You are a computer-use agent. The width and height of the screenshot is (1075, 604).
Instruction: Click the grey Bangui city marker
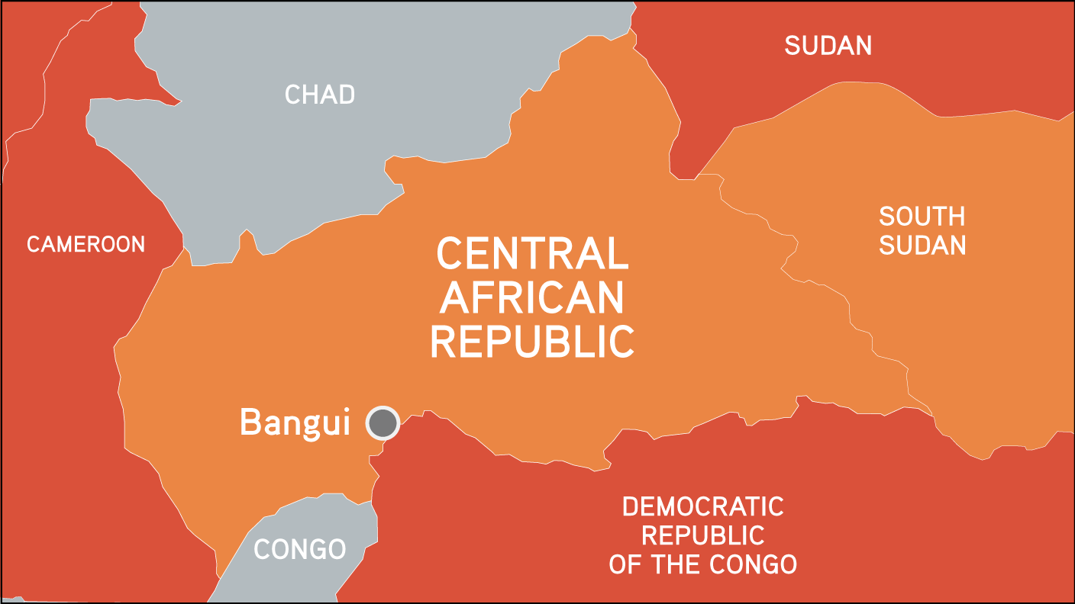click(x=383, y=422)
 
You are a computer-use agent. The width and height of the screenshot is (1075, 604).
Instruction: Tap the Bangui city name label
click(x=295, y=422)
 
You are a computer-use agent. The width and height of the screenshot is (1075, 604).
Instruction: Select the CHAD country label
click(x=320, y=95)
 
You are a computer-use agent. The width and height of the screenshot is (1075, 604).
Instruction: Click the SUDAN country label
click(x=828, y=46)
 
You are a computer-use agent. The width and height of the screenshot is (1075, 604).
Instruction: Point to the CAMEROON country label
click(x=86, y=244)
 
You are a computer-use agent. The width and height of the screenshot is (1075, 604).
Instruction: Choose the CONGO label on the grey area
click(x=299, y=549)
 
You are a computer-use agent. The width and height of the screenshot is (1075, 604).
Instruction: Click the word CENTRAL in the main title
click(x=532, y=254)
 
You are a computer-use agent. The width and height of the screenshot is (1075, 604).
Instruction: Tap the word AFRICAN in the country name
click(x=532, y=298)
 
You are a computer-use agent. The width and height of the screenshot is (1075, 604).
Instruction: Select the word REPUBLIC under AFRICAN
click(x=532, y=342)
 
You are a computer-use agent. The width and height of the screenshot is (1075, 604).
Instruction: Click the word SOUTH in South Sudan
click(x=922, y=217)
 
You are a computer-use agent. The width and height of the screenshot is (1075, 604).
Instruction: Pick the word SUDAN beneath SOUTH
click(x=922, y=246)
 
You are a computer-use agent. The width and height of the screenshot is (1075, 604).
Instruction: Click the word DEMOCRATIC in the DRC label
click(x=702, y=506)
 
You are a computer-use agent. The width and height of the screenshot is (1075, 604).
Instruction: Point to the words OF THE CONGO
click(x=702, y=564)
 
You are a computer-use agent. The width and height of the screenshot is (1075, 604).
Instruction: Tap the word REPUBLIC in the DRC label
click(x=702, y=535)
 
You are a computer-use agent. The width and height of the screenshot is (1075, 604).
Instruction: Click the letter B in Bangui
click(x=250, y=422)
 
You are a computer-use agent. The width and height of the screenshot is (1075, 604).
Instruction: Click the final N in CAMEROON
click(x=137, y=244)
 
